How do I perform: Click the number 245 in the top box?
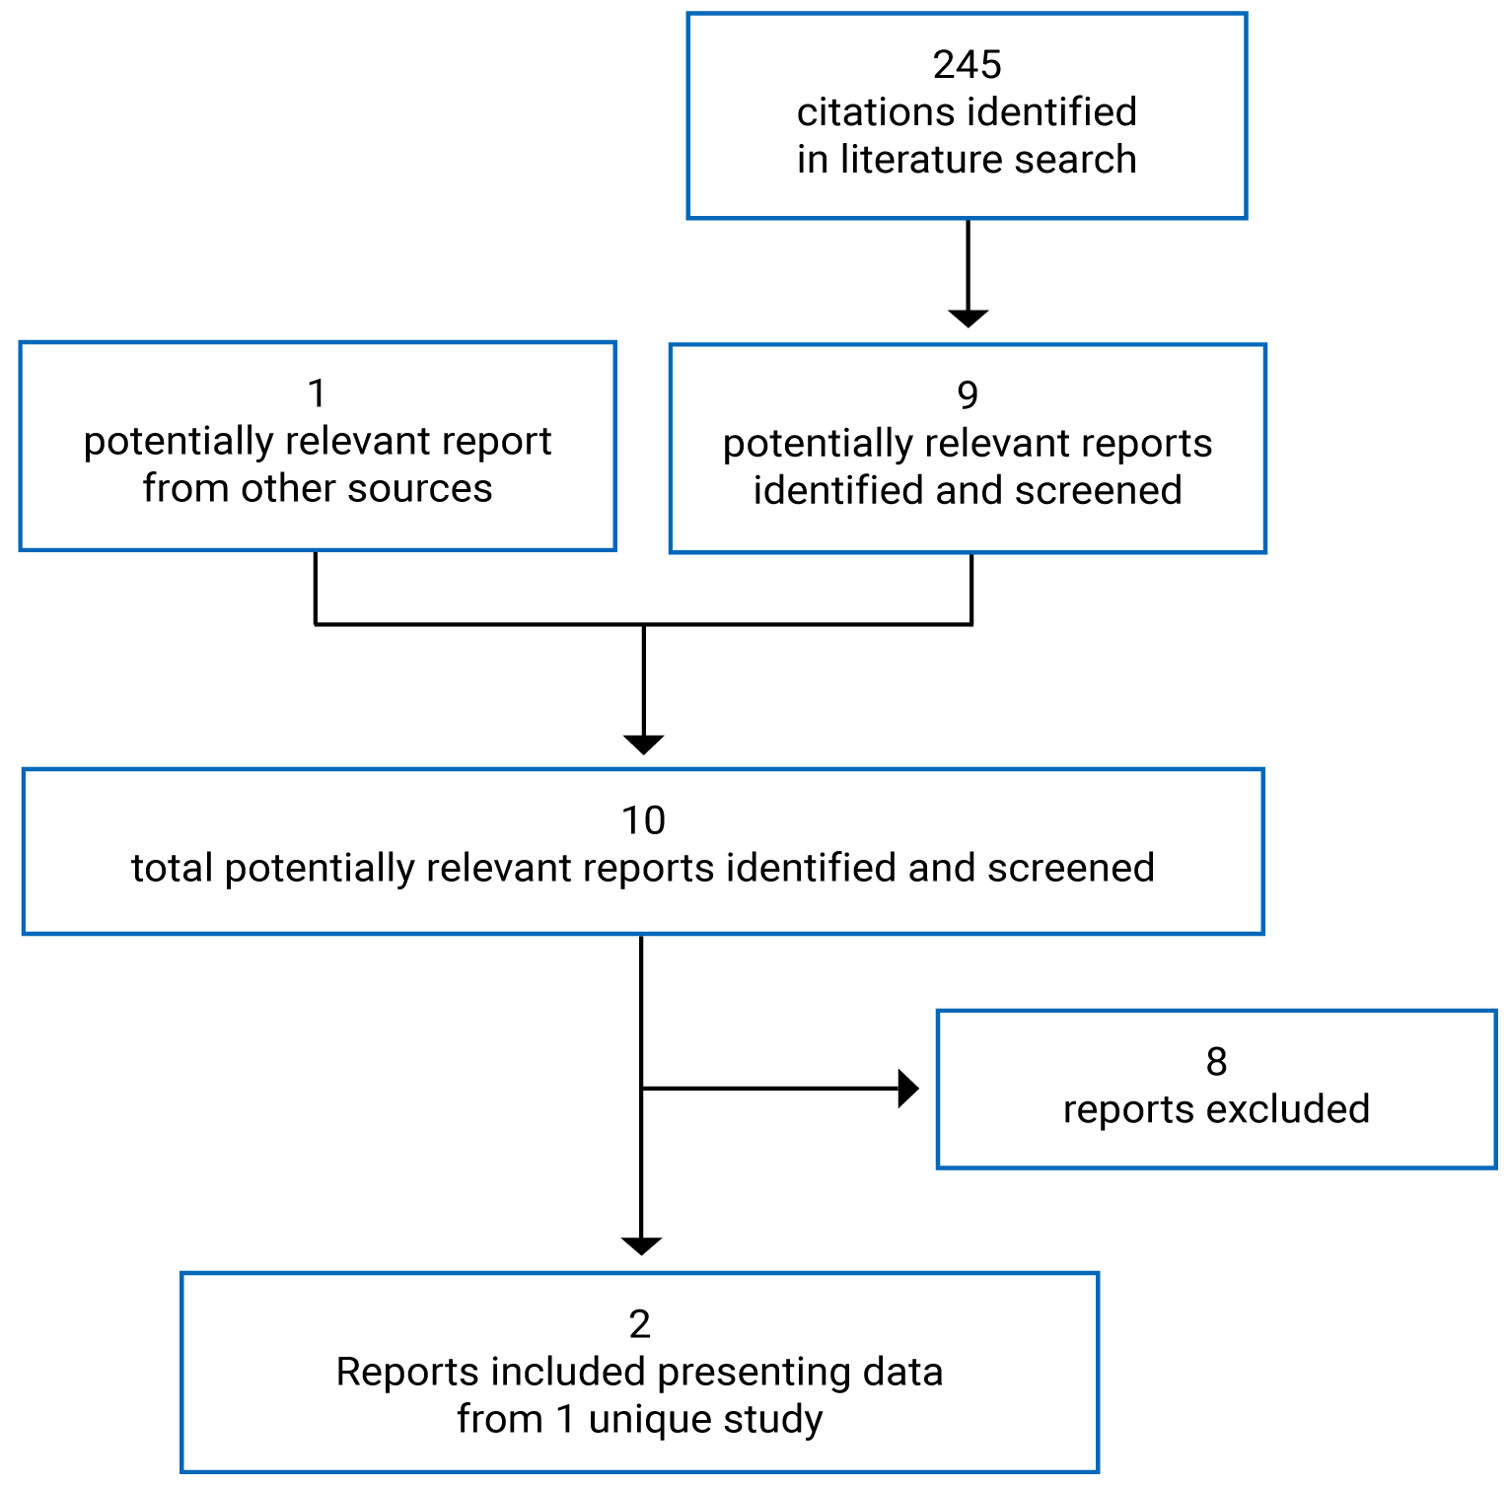967,65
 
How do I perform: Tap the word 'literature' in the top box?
912,160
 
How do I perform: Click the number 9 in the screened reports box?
968,395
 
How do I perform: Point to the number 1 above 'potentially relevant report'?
317,393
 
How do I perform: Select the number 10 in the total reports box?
643,820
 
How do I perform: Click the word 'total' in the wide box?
172,869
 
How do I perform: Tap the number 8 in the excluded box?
1216,1062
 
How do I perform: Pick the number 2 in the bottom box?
639,1325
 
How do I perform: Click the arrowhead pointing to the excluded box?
907,1089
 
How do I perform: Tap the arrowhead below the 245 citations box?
968,318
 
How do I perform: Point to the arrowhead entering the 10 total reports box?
643,744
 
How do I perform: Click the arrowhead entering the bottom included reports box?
641,1246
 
